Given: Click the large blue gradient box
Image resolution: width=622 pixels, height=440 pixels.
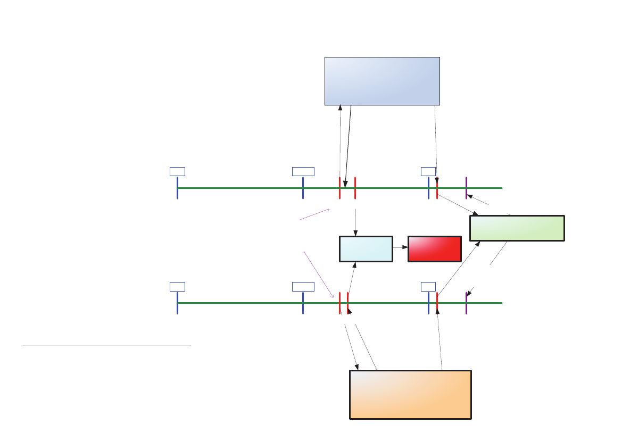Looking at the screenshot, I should coord(382,81).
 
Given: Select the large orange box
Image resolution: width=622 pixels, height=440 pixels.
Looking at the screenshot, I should coord(410,394).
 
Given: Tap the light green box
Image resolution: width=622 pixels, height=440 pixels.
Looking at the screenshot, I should coord(517,228).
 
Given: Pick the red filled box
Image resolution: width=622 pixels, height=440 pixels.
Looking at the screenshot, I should coord(434,249).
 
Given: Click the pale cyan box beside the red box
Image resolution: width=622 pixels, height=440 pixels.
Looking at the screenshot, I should coord(366,249).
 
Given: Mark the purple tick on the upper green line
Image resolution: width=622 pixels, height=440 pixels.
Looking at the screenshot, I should coord(466,188).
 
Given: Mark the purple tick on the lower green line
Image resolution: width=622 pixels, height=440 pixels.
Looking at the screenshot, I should coord(466,303).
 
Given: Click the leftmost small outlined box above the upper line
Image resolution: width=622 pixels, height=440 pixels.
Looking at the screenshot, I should coord(177,171).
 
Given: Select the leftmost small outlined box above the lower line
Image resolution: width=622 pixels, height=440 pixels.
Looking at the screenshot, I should coord(177,287).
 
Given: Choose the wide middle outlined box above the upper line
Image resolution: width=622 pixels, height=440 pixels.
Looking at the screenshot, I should coord(303,171).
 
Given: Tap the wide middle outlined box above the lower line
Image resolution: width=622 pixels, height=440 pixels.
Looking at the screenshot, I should coord(303,287).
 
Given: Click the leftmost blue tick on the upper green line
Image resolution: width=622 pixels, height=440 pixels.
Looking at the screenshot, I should coord(177,188).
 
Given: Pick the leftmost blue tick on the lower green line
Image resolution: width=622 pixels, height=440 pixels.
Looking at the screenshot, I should coord(177,303).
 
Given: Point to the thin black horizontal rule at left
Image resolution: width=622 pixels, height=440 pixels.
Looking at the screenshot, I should coord(106,345).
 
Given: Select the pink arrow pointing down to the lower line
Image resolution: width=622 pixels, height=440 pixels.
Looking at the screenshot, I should coord(318,273).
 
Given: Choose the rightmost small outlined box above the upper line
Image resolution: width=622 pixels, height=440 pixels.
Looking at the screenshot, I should coord(428,171).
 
